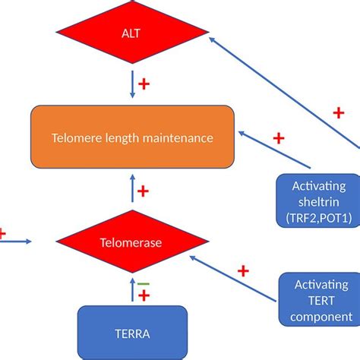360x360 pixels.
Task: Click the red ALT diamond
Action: click(132, 34)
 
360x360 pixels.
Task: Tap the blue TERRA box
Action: click(132, 333)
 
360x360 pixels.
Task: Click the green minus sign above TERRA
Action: click(143, 283)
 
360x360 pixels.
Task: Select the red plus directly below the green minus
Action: click(143, 295)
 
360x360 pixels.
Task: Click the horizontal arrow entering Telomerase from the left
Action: click(17, 242)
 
